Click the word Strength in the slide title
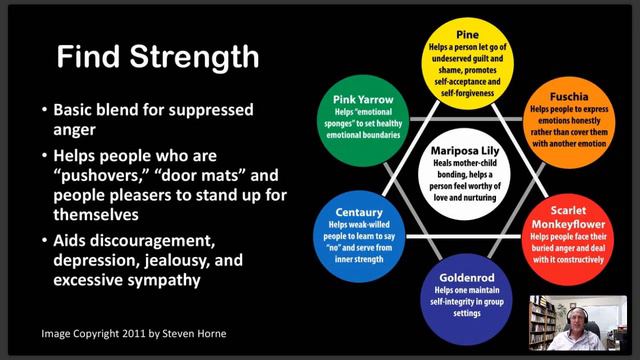[x=195, y=58]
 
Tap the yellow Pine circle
[x=467, y=64]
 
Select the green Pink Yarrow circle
[x=363, y=121]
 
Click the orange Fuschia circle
[x=569, y=123]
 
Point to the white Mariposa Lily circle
[x=464, y=174]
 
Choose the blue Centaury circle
[x=359, y=237]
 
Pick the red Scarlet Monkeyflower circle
[x=568, y=240]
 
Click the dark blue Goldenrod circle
[x=467, y=300]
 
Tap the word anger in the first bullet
[x=74, y=131]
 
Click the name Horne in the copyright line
[x=211, y=333]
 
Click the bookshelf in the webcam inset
[x=542, y=323]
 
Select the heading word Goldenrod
[x=467, y=278]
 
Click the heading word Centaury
[x=359, y=213]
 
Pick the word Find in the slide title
[x=88, y=56]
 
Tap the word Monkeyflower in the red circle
[x=568, y=224]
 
